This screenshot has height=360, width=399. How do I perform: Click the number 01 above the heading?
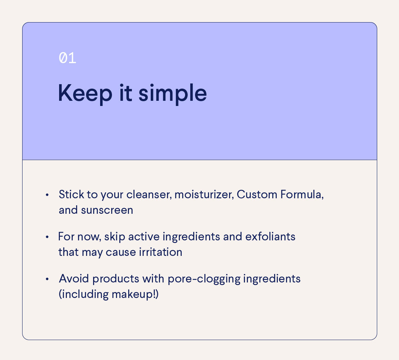[x=68, y=58]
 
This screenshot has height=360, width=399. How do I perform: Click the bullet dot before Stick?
[x=47, y=195]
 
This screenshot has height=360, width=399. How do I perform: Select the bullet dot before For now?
[x=47, y=237]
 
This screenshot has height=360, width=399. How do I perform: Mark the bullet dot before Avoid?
[x=47, y=279]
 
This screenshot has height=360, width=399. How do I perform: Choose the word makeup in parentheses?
[x=130, y=295]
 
